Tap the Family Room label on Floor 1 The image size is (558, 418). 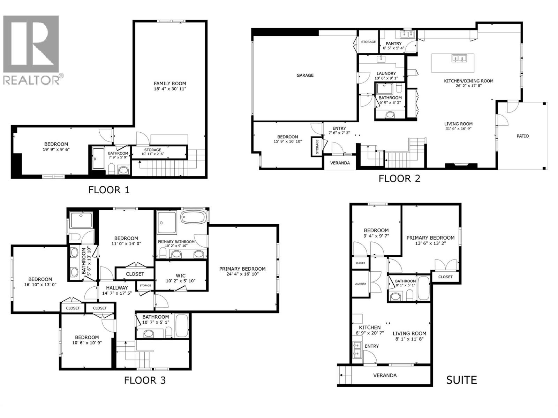pyautogui.click(x=170, y=84)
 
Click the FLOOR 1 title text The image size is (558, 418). pyautogui.click(x=109, y=190)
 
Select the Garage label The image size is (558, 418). pyautogui.click(x=305, y=75)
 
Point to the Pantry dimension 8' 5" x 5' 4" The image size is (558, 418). pyautogui.click(x=393, y=48)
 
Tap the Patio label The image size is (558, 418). pyautogui.click(x=522, y=136)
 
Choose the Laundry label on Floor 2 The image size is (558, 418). pyautogui.click(x=386, y=73)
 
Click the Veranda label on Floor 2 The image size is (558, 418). pyautogui.click(x=340, y=163)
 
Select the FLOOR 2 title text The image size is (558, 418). pyautogui.click(x=399, y=179)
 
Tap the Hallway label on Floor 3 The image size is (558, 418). pyautogui.click(x=117, y=288)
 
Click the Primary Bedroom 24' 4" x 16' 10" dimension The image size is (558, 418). pyautogui.click(x=242, y=274)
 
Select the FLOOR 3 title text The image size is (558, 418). pyautogui.click(x=145, y=380)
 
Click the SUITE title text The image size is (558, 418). pyautogui.click(x=461, y=380)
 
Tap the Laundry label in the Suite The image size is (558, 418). pyautogui.click(x=360, y=284)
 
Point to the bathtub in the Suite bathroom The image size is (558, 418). pyautogui.click(x=423, y=288)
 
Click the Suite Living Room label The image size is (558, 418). pyautogui.click(x=409, y=333)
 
